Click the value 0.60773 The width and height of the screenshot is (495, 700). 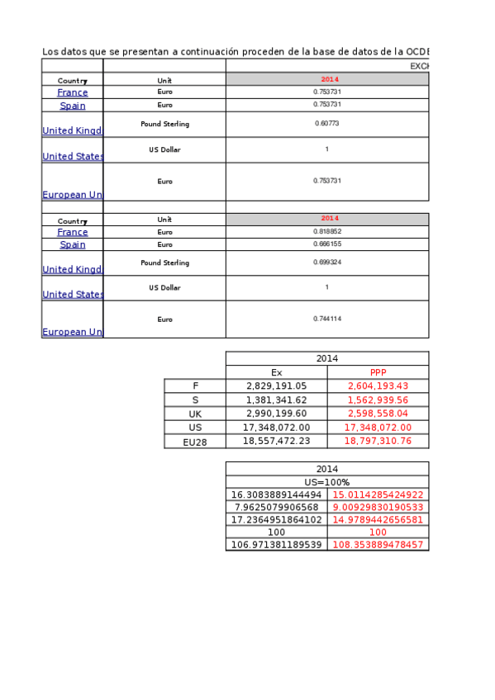click(x=327, y=124)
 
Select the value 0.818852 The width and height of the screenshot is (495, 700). click(x=327, y=232)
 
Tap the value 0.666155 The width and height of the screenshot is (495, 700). click(x=327, y=244)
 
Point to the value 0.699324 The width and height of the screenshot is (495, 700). click(x=327, y=262)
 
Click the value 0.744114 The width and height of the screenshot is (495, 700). click(x=327, y=319)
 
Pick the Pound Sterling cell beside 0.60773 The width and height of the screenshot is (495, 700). click(x=164, y=124)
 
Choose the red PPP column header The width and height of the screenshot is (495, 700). click(x=378, y=372)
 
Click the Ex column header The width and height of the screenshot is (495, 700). click(x=276, y=372)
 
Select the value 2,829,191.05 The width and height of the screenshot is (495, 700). click(x=276, y=385)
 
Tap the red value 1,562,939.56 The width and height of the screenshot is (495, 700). click(x=378, y=400)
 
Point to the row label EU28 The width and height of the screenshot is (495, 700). click(x=195, y=442)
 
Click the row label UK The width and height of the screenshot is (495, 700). click(x=195, y=414)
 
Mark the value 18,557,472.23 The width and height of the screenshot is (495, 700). click(x=276, y=442)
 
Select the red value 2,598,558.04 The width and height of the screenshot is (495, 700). click(x=378, y=414)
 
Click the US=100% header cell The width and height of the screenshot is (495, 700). click(x=327, y=482)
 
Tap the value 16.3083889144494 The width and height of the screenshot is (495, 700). click(x=276, y=494)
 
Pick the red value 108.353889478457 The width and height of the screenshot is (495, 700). click(x=378, y=545)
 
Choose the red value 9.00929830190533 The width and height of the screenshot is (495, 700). click(x=378, y=507)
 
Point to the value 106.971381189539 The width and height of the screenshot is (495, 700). click(x=276, y=545)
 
